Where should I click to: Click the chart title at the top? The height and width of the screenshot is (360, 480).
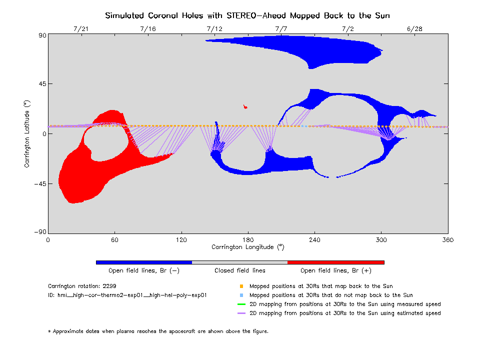(247, 15)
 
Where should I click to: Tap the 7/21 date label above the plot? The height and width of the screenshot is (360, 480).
(81, 29)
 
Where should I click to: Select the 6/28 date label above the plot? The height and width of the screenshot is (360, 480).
(414, 29)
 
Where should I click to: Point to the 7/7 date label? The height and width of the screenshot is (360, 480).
(281, 29)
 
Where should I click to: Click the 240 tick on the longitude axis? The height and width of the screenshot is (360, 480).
(314, 240)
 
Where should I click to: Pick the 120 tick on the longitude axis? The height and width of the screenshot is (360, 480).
(181, 240)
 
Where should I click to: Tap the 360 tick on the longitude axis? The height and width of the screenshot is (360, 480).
(447, 240)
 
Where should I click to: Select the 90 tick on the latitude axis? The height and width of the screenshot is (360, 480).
(40, 35)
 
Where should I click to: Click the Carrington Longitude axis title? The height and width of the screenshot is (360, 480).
(247, 247)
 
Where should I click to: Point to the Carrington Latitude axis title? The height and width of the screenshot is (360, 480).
(27, 133)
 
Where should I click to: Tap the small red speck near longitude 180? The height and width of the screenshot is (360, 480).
(245, 106)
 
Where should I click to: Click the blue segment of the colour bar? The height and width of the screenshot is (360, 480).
(144, 262)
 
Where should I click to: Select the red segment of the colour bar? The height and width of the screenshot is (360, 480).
(335, 262)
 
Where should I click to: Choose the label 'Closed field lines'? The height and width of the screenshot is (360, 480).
(240, 270)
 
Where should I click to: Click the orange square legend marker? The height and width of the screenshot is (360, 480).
(241, 286)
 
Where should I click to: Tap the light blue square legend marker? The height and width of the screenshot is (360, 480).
(241, 295)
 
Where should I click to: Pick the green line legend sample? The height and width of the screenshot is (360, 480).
(241, 304)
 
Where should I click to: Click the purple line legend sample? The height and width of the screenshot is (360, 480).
(241, 313)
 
